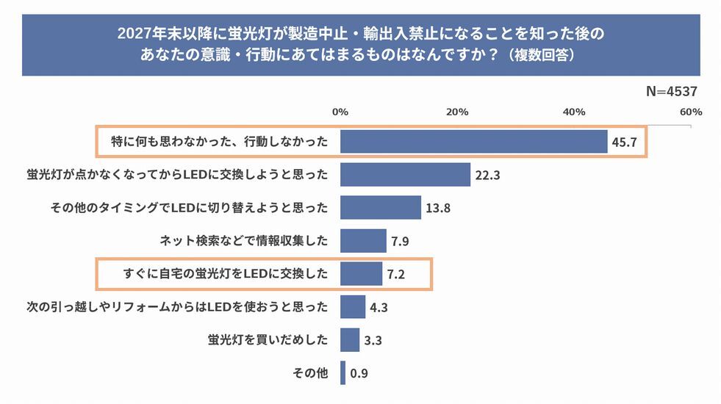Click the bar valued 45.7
tap(474, 142)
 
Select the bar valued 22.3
tap(405, 175)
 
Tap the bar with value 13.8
tap(380, 208)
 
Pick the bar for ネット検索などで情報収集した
tap(363, 241)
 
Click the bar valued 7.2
tap(361, 274)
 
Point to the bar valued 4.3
tap(353, 307)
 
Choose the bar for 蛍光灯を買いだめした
tap(350, 340)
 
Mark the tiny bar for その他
tap(342, 373)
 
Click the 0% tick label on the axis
tap(340, 112)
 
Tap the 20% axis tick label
tap(457, 112)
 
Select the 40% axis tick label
tap(574, 112)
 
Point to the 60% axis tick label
tap(691, 112)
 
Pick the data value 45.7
tap(624, 143)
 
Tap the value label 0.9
tap(359, 374)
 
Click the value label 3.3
tap(373, 341)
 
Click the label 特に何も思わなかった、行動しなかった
tap(218, 142)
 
